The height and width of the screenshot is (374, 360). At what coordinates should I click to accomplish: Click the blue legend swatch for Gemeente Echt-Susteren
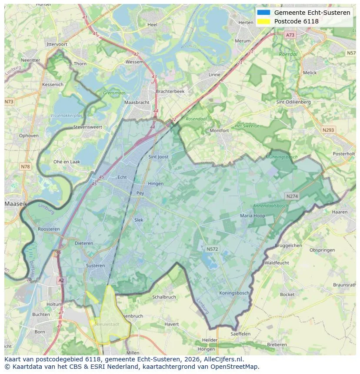(263, 13)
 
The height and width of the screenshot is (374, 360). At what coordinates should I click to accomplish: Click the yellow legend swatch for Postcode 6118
(263, 21)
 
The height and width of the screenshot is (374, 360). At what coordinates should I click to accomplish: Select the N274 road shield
(292, 196)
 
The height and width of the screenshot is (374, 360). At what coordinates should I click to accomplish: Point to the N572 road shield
(212, 249)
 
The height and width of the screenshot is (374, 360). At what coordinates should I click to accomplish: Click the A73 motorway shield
(290, 35)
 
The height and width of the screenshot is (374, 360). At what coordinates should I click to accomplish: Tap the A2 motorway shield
(61, 281)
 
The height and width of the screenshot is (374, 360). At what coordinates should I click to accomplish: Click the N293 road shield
(328, 130)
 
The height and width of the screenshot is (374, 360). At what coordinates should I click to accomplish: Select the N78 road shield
(25, 167)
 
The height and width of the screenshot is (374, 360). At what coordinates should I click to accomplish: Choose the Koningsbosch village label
(234, 293)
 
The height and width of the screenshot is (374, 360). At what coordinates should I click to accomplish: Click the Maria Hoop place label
(252, 215)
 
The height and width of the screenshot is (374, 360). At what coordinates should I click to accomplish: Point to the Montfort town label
(219, 130)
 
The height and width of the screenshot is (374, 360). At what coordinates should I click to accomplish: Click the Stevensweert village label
(87, 127)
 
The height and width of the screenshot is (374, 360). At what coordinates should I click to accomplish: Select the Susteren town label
(95, 265)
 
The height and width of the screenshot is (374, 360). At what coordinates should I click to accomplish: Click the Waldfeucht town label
(277, 263)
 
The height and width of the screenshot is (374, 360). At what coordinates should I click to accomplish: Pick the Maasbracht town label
(137, 103)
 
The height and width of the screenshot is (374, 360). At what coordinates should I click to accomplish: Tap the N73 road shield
(9, 102)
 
